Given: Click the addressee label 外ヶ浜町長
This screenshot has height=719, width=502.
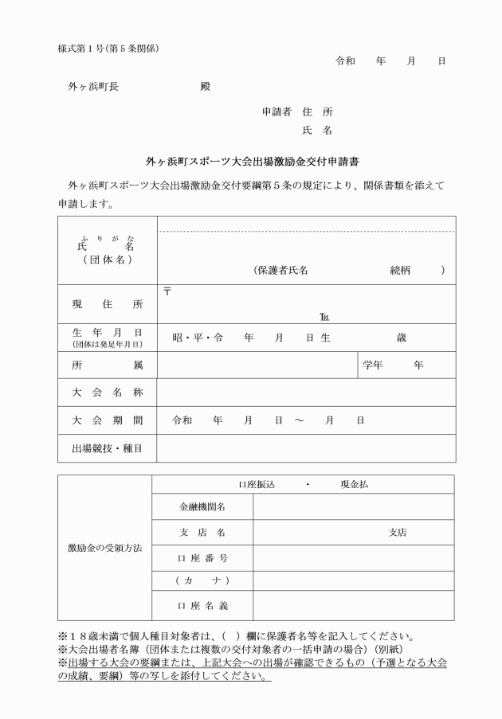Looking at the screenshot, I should [x=93, y=87].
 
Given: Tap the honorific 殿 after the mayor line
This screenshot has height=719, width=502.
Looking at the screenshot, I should [x=206, y=87].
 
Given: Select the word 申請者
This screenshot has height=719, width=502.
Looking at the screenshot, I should [x=278, y=112].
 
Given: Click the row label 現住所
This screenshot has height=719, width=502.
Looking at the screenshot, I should [x=108, y=304].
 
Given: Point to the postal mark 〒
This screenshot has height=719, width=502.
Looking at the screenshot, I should [x=167, y=290].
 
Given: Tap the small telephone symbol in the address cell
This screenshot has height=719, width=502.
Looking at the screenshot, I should [x=323, y=317].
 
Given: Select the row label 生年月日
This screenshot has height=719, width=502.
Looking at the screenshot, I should [x=108, y=333].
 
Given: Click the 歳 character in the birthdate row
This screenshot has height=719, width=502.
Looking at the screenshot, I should [x=401, y=338].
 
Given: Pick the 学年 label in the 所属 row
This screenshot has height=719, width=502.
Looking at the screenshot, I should [x=374, y=365].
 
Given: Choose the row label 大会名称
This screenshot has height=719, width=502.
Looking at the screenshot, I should [x=108, y=393].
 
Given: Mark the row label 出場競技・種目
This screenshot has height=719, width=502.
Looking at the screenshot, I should [x=108, y=448].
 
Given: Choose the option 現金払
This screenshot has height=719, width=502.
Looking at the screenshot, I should [x=354, y=484].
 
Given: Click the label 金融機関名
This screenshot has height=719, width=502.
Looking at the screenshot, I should [x=202, y=506].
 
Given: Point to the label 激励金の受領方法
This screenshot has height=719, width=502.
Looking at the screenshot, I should [x=105, y=549].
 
